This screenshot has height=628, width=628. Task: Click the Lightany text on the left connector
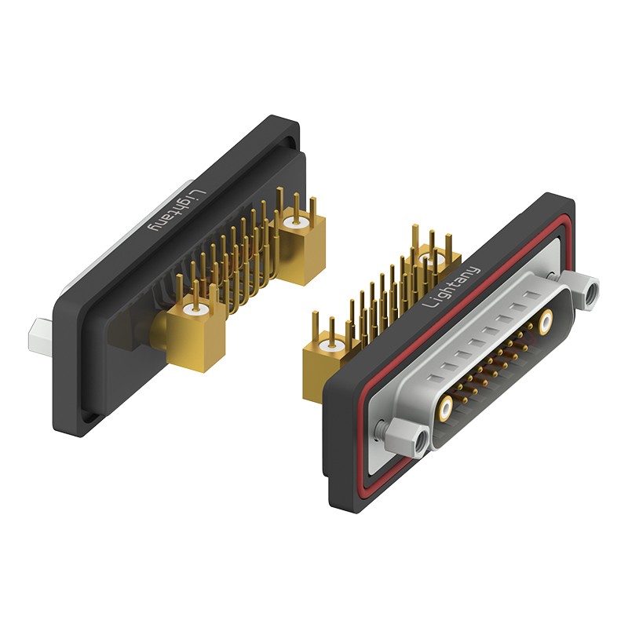(177, 210)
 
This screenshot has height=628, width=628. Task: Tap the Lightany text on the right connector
(451, 287)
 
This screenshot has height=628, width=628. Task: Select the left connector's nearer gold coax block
(195, 336)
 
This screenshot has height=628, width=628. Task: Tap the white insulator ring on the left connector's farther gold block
(296, 223)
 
